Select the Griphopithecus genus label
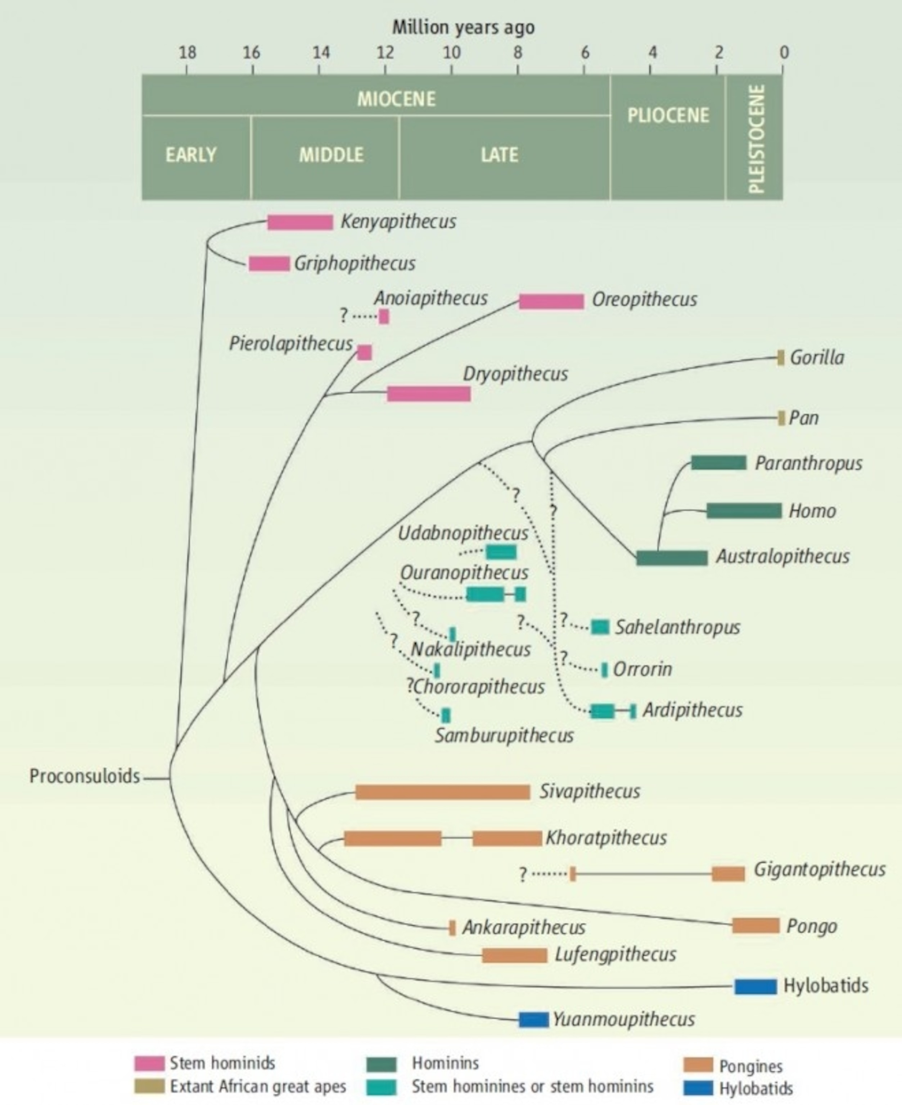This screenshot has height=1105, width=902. [355, 263]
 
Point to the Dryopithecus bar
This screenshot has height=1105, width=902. [429, 394]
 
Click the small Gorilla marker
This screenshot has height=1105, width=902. [780, 358]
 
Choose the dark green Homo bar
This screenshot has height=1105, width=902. [744, 510]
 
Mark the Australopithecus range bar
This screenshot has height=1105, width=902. [672, 558]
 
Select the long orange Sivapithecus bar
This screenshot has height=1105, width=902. [443, 792]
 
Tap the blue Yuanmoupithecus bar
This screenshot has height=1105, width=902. [534, 1019]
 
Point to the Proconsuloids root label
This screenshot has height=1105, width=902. [85, 776]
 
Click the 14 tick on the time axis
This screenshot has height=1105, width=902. [321, 53]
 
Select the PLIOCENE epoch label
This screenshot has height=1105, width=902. [668, 115]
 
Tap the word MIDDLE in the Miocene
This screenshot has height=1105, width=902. [331, 155]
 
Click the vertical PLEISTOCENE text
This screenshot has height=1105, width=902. [757, 138]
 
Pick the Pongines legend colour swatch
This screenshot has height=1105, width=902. [698, 1065]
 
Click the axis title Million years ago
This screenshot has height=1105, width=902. [463, 27]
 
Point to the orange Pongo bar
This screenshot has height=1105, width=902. [756, 926]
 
